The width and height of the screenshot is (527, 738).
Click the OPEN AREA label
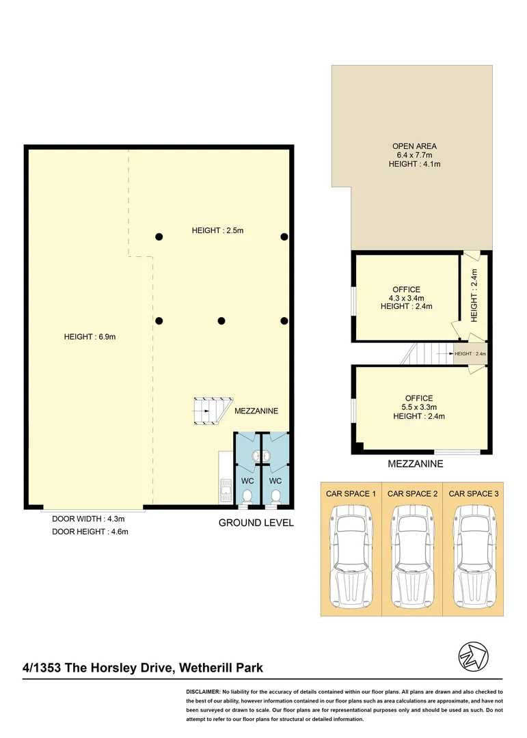click(414, 146)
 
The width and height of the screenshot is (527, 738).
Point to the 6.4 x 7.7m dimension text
click(414, 155)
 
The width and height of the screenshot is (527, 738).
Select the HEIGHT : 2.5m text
click(217, 231)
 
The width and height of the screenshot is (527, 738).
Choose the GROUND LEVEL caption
click(256, 523)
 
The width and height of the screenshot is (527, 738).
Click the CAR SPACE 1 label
click(350, 493)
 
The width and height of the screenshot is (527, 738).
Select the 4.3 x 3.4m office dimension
click(407, 298)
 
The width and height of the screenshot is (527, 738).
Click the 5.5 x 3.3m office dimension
click(418, 407)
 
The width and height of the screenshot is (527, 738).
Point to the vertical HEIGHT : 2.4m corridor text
click(474, 295)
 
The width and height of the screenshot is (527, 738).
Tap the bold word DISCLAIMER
click(202, 693)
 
